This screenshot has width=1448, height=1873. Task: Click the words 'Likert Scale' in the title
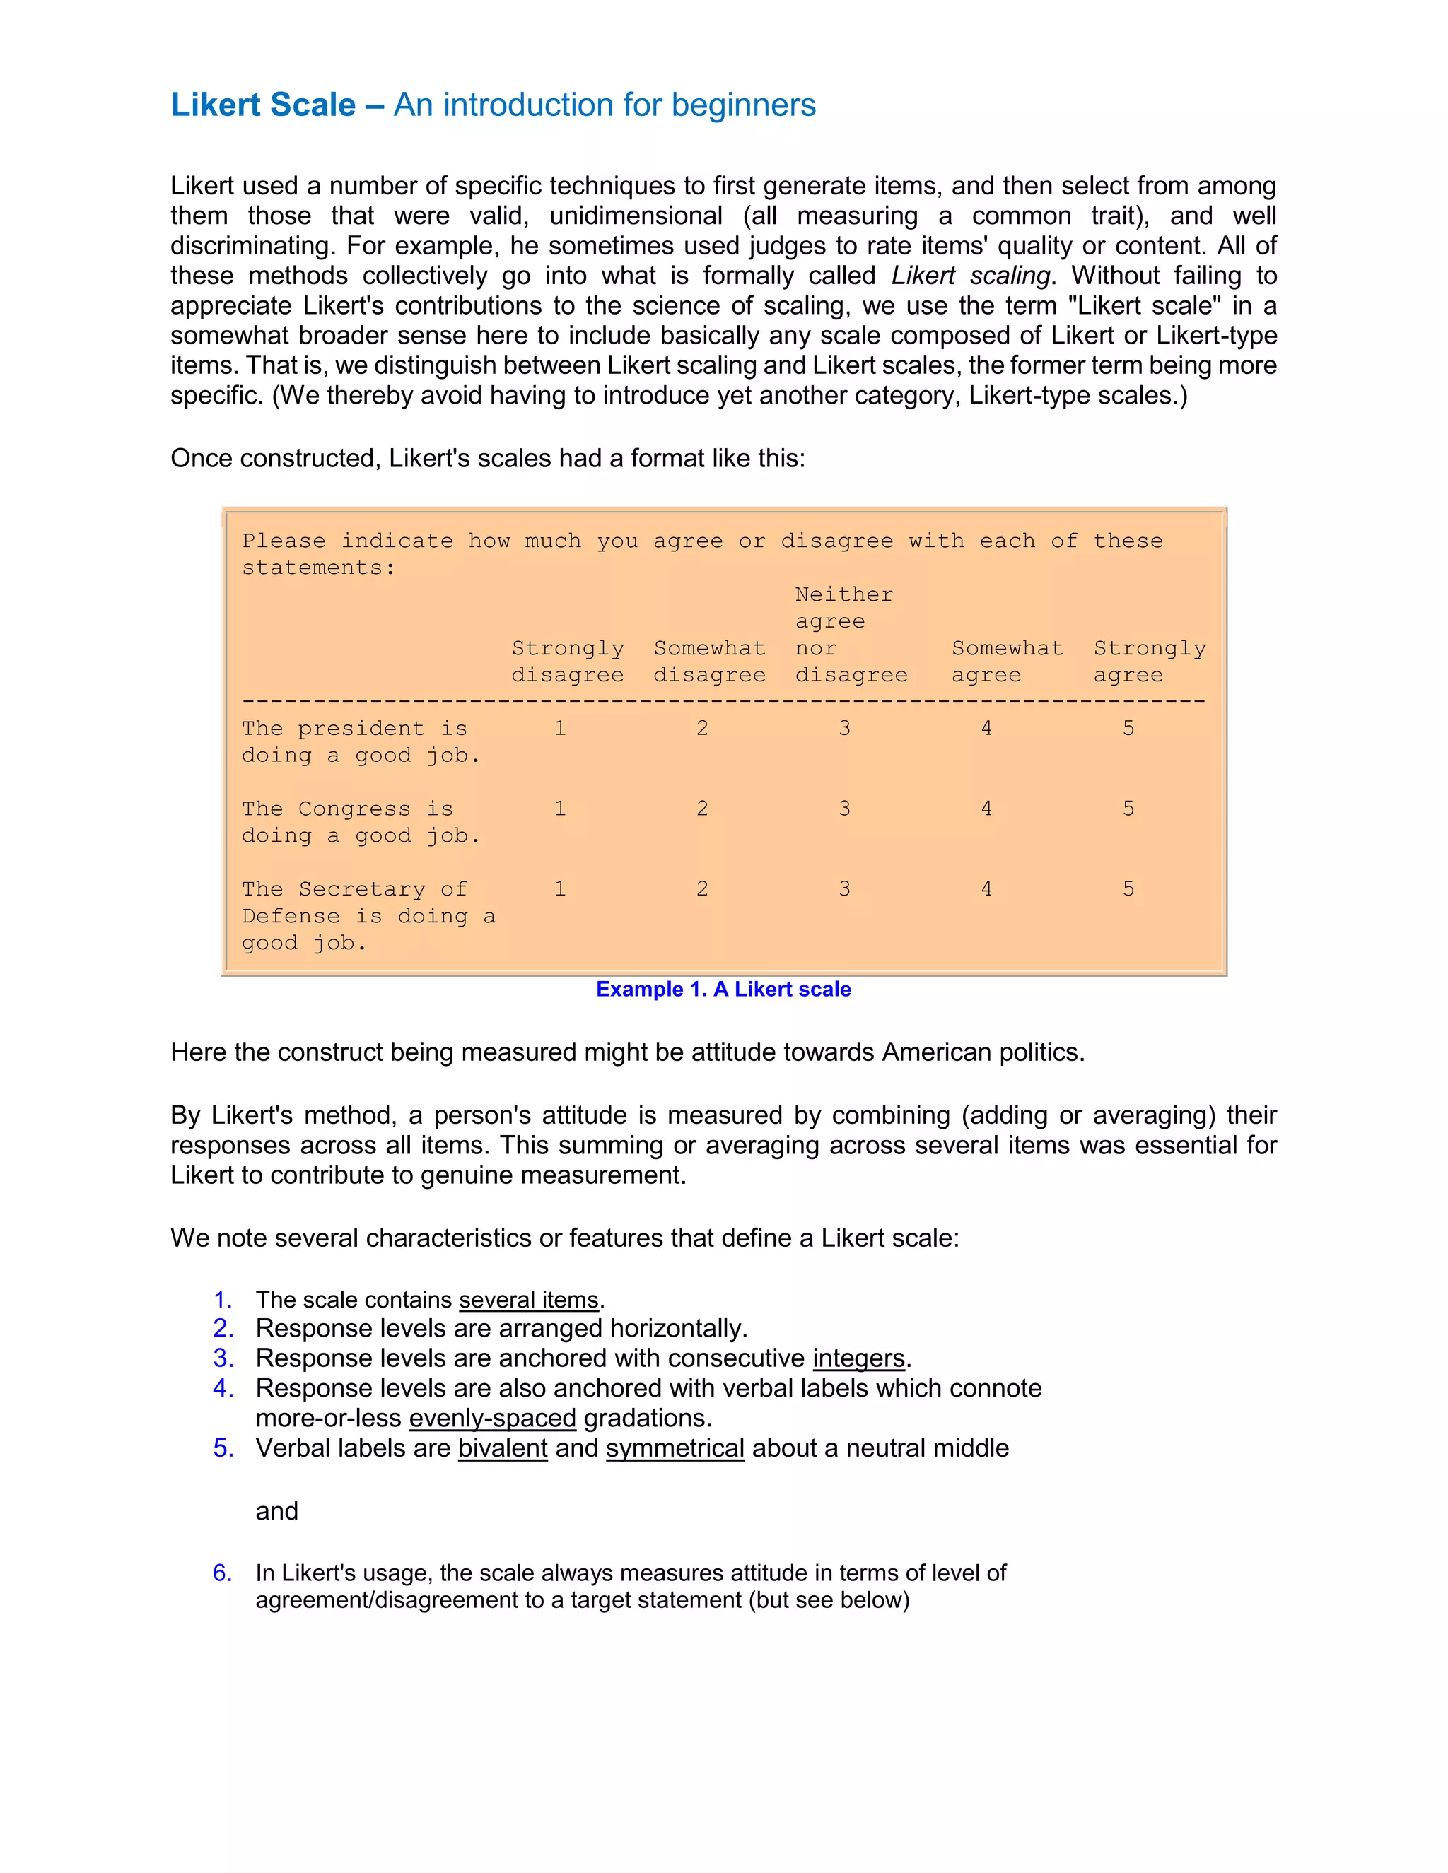tap(262, 105)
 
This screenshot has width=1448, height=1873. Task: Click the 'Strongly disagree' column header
tap(567, 662)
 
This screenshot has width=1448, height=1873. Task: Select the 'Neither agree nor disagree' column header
tap(850, 635)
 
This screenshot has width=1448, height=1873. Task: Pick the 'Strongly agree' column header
tap(1149, 662)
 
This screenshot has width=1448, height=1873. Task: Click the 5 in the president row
tap(1128, 728)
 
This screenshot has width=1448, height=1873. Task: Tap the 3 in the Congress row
tap(844, 809)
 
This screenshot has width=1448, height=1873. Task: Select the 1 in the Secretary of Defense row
tap(560, 889)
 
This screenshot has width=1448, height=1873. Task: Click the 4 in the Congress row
tap(986, 809)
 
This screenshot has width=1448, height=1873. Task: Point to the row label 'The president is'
tap(354, 728)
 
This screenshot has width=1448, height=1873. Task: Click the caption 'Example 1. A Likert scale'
tap(723, 989)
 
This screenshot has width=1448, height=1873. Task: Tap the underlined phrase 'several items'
tap(528, 1300)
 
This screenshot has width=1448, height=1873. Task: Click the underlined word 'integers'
tap(858, 1358)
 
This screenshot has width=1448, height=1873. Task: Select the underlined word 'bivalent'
tap(503, 1448)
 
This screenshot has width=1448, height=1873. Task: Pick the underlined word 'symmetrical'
tap(675, 1448)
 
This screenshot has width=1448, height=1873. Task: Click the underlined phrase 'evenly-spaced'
tap(492, 1419)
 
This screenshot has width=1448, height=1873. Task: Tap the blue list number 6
tap(222, 1573)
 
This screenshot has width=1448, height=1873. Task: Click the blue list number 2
tap(223, 1329)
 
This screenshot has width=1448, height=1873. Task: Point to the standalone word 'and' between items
tap(276, 1511)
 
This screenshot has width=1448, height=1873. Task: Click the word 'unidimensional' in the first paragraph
tap(636, 216)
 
